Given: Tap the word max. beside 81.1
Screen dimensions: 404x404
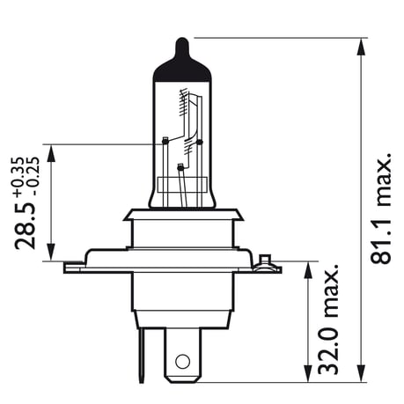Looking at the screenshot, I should pos(380,182).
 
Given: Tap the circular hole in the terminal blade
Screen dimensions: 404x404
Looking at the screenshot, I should pos(182,361).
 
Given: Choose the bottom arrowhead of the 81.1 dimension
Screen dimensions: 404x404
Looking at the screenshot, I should pos(362,377).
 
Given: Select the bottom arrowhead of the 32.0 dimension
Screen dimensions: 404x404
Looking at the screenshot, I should pos(307,377).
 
